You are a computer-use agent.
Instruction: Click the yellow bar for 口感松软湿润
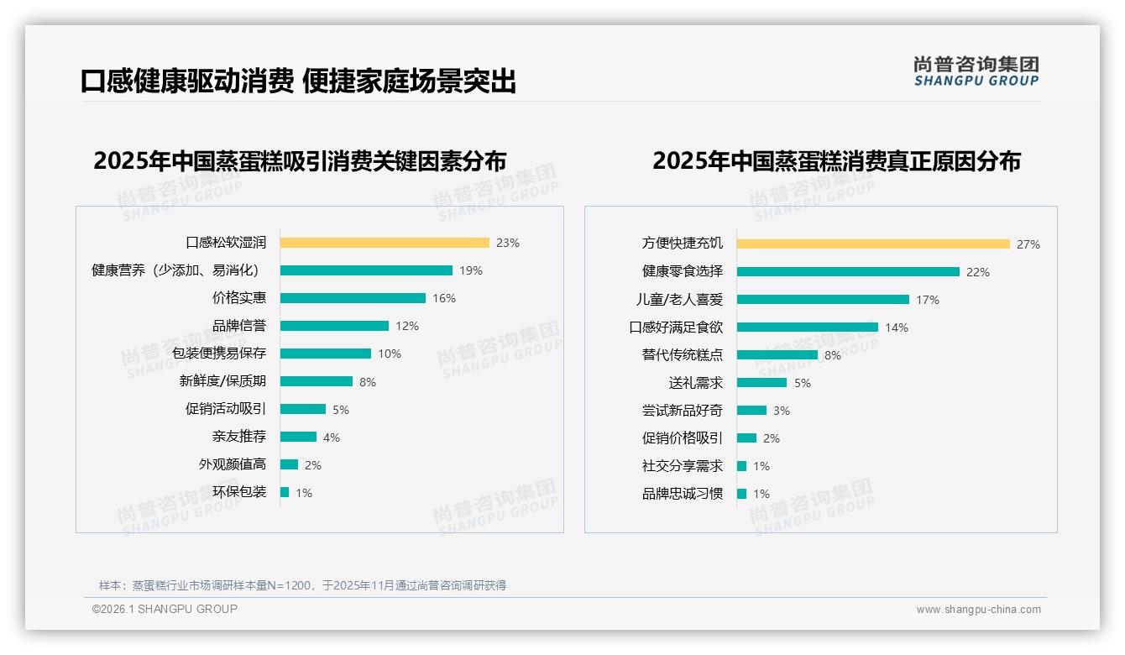385,243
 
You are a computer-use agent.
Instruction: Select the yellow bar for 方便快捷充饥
873,244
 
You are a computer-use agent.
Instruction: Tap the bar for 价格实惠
353,298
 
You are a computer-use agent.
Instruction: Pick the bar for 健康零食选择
848,272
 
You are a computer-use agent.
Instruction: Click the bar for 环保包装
285,492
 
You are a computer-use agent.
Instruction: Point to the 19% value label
470,270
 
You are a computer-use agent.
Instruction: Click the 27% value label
1028,244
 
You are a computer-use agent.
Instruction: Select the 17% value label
927,300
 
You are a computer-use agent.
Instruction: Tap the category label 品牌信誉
238,326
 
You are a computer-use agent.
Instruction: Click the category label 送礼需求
695,383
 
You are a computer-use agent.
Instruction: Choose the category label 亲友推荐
238,437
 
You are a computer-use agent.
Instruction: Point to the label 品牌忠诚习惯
682,494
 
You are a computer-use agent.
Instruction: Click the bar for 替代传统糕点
777,355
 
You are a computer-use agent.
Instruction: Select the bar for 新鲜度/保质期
317,381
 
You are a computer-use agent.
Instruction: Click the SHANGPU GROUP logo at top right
976,71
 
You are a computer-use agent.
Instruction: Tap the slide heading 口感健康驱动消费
186,81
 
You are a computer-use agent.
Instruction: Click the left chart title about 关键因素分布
300,161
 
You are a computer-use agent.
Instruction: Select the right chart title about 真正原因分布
836,161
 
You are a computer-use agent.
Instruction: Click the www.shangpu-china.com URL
978,610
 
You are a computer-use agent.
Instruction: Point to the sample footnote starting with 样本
302,585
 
